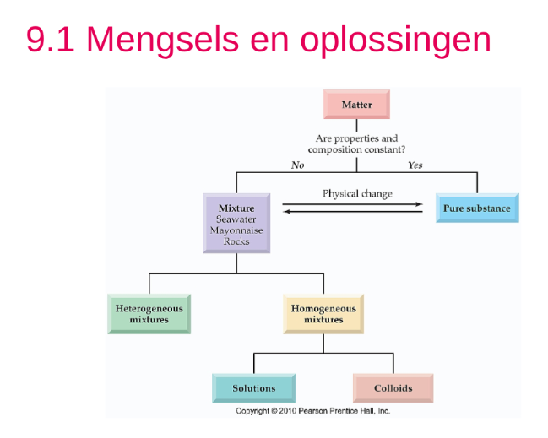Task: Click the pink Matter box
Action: tap(356, 105)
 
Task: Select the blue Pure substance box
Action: tap(477, 208)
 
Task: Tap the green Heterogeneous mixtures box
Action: tap(149, 314)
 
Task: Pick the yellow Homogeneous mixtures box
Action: tap(323, 314)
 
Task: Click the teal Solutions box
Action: tap(254, 388)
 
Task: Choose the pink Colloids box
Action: tap(393, 388)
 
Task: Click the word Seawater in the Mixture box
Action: tap(236, 219)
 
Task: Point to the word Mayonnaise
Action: tap(236, 230)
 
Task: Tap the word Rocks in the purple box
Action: tap(236, 241)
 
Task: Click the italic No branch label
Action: tap(297, 165)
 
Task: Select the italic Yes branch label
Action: tap(415, 165)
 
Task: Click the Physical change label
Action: tap(357, 193)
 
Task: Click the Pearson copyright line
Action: tap(313, 411)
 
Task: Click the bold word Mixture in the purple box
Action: tap(236, 208)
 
